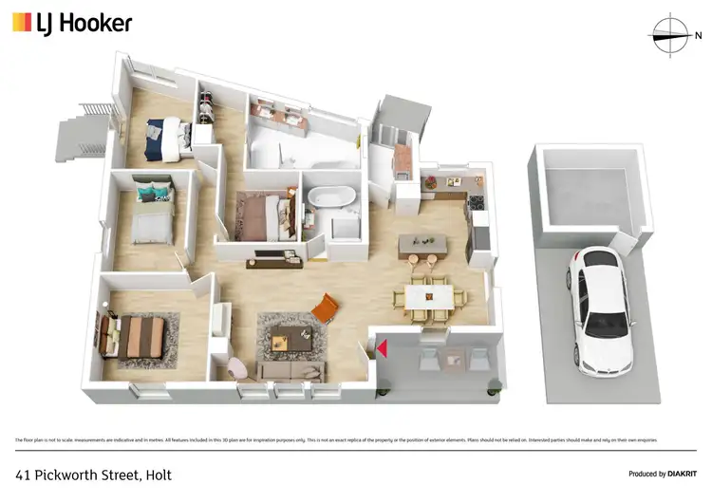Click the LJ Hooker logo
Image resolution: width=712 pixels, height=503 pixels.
72,24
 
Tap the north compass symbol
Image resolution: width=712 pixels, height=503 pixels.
672,35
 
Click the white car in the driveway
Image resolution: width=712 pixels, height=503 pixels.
601,308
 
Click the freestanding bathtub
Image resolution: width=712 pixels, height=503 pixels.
327,200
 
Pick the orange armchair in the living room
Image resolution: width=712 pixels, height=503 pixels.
326,307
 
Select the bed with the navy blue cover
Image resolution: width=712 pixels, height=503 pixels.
162,139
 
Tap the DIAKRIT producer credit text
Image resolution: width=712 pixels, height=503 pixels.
675,474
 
